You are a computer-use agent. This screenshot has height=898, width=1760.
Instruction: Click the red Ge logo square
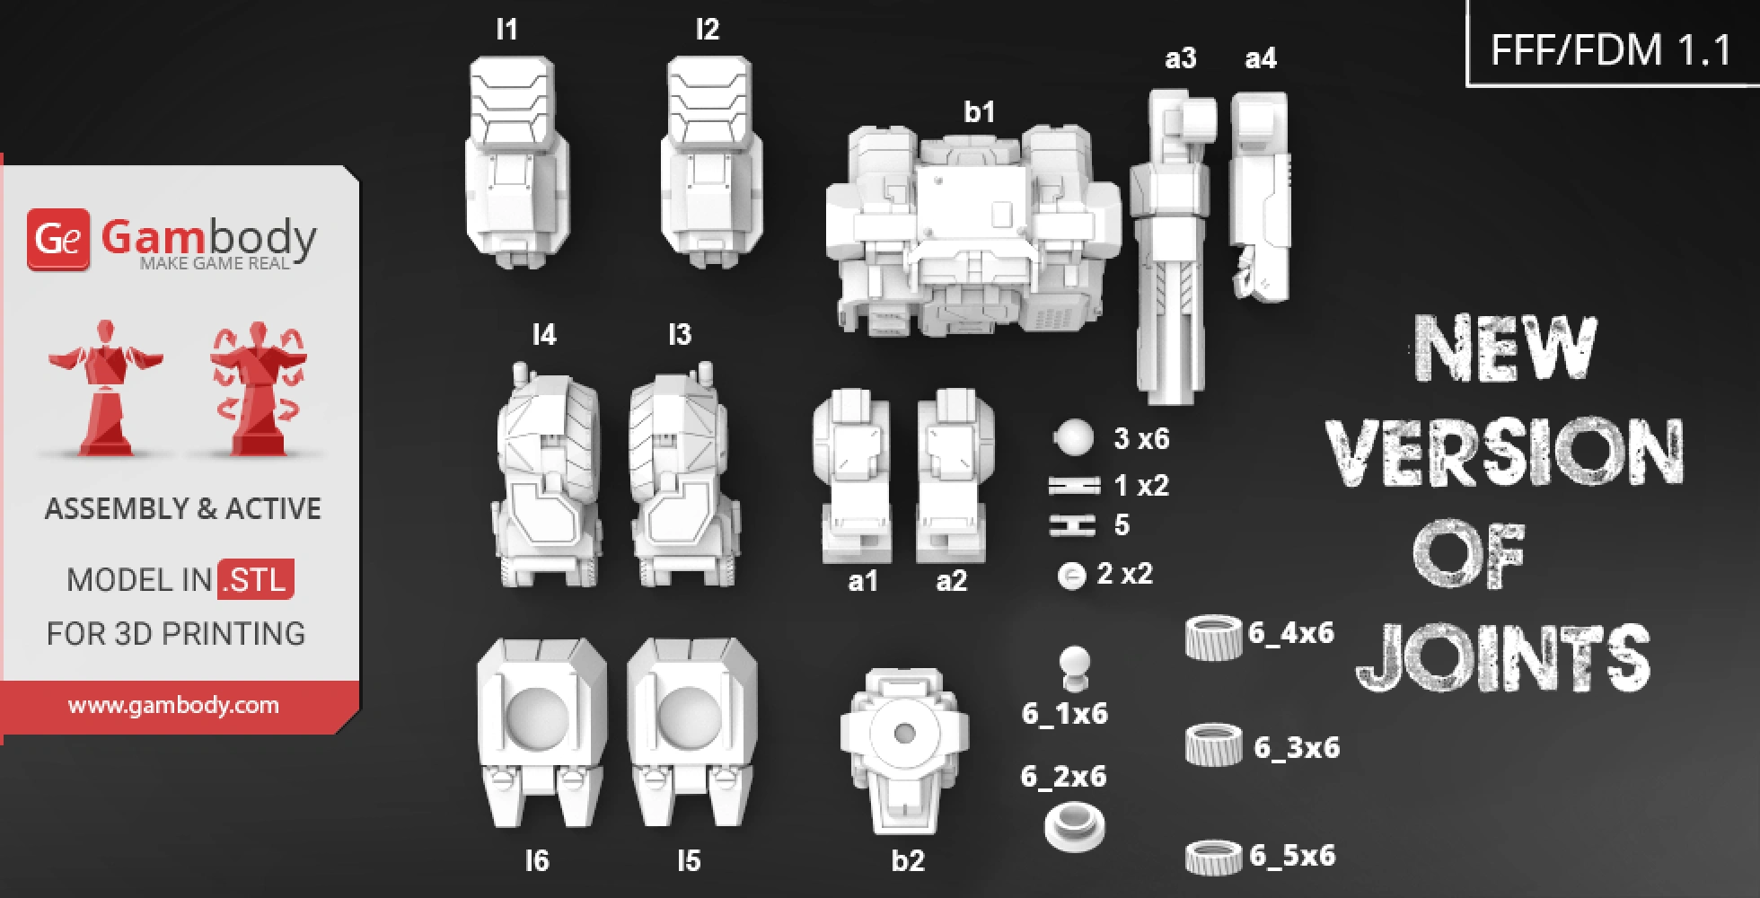click(x=58, y=239)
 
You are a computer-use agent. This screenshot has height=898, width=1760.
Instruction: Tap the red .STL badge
click(x=257, y=579)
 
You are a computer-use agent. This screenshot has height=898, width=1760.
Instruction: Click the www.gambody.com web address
click(x=173, y=705)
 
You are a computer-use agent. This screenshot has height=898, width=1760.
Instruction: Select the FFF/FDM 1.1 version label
click(x=1611, y=49)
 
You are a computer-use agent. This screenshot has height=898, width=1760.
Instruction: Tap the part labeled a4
click(x=1261, y=198)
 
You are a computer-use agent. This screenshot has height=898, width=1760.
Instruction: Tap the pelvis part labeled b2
click(x=904, y=750)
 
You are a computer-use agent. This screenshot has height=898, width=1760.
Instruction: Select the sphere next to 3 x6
click(x=1074, y=438)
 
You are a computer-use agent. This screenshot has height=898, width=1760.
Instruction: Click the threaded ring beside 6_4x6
click(x=1213, y=637)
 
